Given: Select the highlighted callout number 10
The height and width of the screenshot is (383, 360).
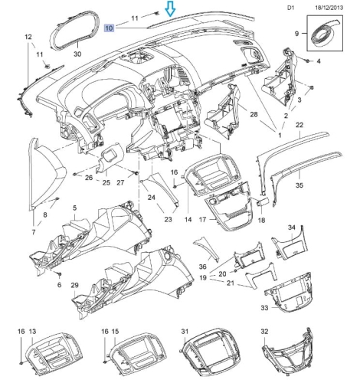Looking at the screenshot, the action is coord(109,28).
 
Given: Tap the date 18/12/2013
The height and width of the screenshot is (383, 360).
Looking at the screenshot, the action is coord(329,8).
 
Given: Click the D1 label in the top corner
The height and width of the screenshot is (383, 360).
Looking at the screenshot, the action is coord(291,8).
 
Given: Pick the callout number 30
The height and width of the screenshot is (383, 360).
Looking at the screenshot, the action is coord(77,54).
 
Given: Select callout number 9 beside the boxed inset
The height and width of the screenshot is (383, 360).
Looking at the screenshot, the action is coord(296,34).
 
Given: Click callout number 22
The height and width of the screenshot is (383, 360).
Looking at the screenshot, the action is coord(299,125).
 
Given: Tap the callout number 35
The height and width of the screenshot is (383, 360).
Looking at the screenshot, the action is coord(299,185).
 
